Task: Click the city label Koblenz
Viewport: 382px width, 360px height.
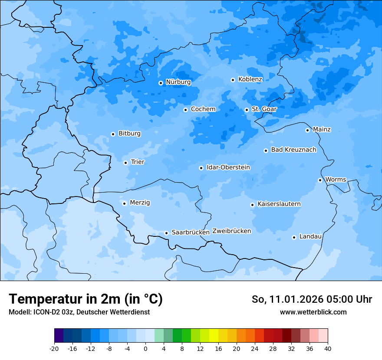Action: click(250, 79)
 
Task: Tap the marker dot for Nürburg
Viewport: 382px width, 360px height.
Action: click(161, 83)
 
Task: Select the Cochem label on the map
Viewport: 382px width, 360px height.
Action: click(203, 109)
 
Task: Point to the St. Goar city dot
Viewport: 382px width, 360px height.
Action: click(247, 110)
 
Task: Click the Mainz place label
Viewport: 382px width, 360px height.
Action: click(322, 130)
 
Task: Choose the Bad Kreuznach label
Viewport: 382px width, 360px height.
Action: click(293, 150)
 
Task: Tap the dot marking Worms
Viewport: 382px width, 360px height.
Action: click(320, 180)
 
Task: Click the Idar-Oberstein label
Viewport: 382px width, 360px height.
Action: click(228, 167)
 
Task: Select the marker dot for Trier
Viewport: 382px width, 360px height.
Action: click(125, 163)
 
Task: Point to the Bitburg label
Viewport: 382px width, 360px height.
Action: click(129, 134)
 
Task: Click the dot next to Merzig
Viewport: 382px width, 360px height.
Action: click(124, 203)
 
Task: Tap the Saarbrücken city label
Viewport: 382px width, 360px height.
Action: click(191, 232)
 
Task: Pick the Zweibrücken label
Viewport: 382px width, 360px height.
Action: click(231, 231)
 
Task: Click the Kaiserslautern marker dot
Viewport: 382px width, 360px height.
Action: click(252, 205)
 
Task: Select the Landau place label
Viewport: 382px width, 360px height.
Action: click(310, 237)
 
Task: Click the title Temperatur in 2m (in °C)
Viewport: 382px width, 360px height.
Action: click(86, 299)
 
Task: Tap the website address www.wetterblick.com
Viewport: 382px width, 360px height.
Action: click(313, 312)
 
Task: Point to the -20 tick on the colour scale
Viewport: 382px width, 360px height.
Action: click(54, 349)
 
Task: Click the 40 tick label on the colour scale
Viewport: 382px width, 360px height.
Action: click(328, 349)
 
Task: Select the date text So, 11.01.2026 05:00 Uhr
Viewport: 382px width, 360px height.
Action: click(312, 299)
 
